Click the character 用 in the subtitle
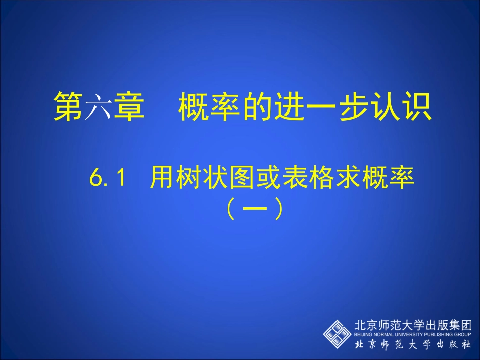tap(161, 179)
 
